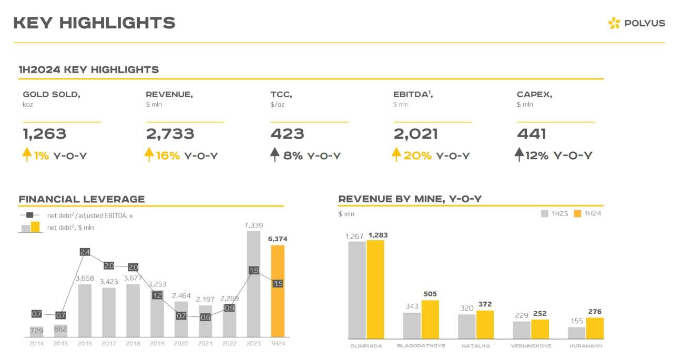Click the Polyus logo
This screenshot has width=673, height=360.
click(x=636, y=23)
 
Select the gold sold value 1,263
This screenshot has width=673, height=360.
click(x=45, y=134)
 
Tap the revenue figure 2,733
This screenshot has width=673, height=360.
click(x=170, y=134)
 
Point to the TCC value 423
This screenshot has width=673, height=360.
click(x=287, y=134)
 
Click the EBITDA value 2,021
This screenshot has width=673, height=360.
click(x=415, y=134)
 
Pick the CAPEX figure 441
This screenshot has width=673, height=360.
click(x=532, y=134)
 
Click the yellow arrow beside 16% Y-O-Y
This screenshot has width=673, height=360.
click(x=149, y=155)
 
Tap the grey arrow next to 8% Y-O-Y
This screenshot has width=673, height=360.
click(x=274, y=155)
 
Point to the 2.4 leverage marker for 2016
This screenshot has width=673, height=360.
click(x=85, y=252)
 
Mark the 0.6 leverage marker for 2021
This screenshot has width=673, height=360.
click(x=205, y=317)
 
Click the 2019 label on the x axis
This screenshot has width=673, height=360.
click(x=157, y=344)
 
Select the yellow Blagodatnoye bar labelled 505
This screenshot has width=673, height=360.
click(x=430, y=320)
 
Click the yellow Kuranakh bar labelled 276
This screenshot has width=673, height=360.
click(x=595, y=328)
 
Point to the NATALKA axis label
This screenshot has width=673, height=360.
click(x=476, y=346)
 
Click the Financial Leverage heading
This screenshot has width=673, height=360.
click(x=81, y=199)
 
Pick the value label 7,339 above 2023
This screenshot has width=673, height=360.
click(x=253, y=225)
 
